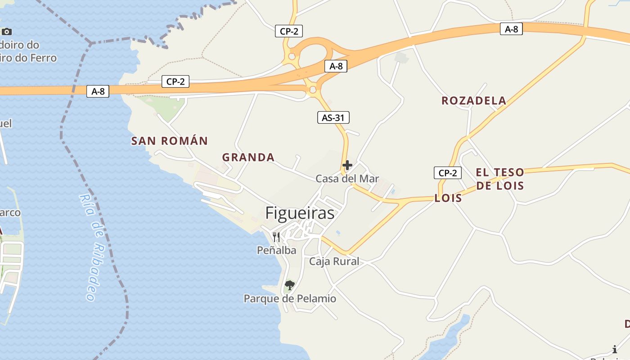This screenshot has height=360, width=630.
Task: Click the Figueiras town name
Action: [x=300, y=213]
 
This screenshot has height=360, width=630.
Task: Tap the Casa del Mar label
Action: [x=347, y=179]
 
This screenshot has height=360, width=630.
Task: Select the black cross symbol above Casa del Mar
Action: [x=347, y=165]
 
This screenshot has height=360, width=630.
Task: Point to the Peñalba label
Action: [x=276, y=250]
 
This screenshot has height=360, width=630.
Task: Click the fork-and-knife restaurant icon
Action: [x=276, y=237]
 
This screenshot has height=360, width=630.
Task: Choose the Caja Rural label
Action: [x=334, y=261]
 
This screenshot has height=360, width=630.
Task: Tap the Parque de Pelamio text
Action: [x=290, y=298]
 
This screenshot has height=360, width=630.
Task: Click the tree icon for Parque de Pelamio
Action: [x=289, y=285]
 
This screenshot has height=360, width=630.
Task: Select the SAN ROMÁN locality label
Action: [x=169, y=141]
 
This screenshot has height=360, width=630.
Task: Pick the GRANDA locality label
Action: [x=248, y=157]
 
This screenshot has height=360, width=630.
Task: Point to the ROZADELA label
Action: [x=473, y=101]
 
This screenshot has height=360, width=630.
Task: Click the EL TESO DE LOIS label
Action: [x=500, y=179]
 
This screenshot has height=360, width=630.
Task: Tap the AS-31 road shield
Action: [x=333, y=118]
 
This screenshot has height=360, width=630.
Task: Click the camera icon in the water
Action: [x=6, y=31]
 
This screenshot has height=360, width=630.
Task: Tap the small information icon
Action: [x=615, y=349]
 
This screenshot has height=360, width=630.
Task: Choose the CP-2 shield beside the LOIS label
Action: [x=447, y=173]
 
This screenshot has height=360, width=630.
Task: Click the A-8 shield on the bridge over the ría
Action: [x=98, y=91]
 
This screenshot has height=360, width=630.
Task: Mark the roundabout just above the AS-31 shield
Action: [x=313, y=90]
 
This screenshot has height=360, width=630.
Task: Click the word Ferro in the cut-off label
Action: [x=43, y=58]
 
